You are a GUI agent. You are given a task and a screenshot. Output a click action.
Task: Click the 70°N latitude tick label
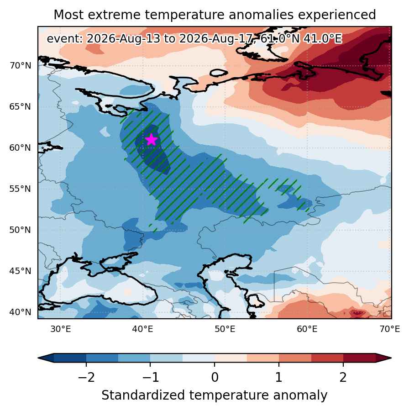pyautogui.click(x=20, y=65)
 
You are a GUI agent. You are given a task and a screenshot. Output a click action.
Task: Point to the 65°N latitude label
pyautogui.click(x=20, y=107)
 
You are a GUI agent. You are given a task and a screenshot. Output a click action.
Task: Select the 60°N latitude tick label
pyautogui.click(x=20, y=148)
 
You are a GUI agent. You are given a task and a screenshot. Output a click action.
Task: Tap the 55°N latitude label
pyautogui.click(x=20, y=189)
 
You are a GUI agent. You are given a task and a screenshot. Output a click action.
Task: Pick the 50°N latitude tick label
pyautogui.click(x=20, y=230)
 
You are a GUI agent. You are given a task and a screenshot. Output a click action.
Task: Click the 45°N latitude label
pyautogui.click(x=20, y=271)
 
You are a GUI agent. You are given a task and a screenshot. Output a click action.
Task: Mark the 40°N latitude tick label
pyautogui.click(x=20, y=312)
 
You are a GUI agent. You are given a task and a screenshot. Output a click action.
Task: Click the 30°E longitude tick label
pyautogui.click(x=61, y=329)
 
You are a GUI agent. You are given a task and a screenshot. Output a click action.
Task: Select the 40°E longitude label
pyautogui.click(x=142, y=329)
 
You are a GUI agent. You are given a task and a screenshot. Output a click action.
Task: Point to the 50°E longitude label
pyautogui.click(x=225, y=329)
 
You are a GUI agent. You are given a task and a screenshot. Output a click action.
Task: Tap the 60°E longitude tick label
pyautogui.click(x=307, y=329)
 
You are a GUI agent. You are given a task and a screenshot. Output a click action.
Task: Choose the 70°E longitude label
pyautogui.click(x=390, y=329)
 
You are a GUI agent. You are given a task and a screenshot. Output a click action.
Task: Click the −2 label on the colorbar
pyautogui.click(x=86, y=378)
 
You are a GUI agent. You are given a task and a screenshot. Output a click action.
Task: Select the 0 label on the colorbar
pyautogui.click(x=215, y=378)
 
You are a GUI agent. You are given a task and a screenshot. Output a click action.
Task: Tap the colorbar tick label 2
pyautogui.click(x=343, y=378)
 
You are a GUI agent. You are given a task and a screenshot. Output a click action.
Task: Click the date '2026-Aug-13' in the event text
pyautogui.click(x=123, y=39)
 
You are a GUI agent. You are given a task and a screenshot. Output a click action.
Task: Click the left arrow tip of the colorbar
pyautogui.click(x=38, y=358)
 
